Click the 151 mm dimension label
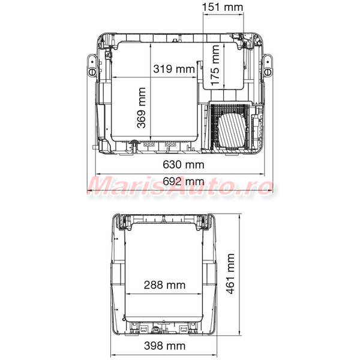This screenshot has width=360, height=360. [x=222, y=7]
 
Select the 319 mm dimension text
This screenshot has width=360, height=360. [x=174, y=68]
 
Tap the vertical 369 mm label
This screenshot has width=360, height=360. [x=142, y=107]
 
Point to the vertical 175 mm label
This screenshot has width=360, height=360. [x=215, y=65]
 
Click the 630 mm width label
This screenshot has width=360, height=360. [x=184, y=164]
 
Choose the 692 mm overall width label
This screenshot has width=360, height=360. [x=184, y=181]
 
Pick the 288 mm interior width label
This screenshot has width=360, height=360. [x=164, y=285]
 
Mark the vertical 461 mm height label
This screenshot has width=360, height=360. [x=230, y=274]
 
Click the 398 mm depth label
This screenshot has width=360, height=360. [x=164, y=346]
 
